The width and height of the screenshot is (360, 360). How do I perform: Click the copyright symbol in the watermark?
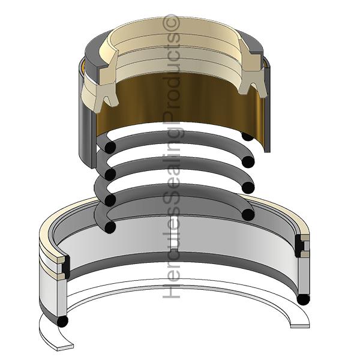tap(171, 22)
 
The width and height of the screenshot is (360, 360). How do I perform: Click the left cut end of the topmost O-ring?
tap(110, 147)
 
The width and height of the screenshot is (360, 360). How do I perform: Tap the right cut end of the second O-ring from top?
tap(248, 162)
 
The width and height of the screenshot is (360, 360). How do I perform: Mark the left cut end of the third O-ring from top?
tap(110, 199)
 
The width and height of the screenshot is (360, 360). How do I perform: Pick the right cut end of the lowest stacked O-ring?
tap(248, 214)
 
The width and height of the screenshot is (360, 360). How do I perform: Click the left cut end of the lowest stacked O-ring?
tap(110, 227)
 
